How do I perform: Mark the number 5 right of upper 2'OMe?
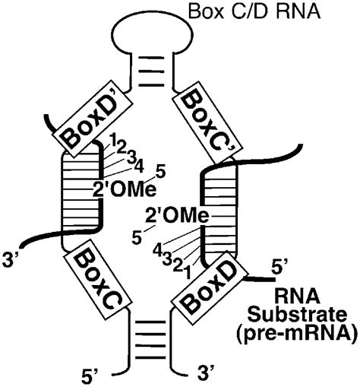tap(160, 171)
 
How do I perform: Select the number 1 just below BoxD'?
tap(112, 141)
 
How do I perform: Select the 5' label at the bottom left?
tap(90, 373)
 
